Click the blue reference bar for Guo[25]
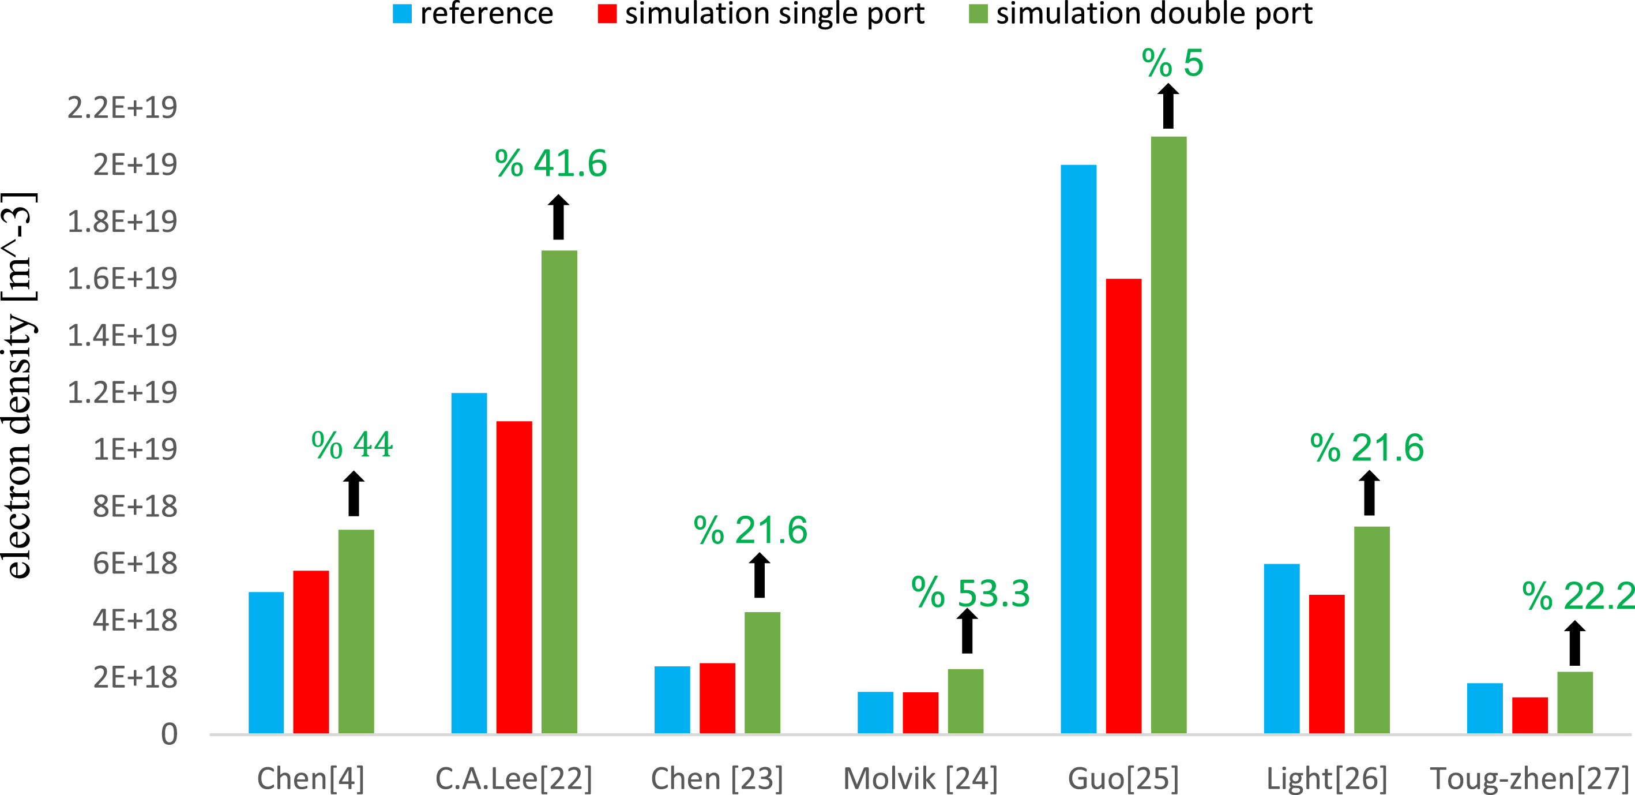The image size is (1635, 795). click(1078, 449)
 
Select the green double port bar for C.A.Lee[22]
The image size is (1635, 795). click(559, 492)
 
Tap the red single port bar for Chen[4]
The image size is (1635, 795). click(311, 652)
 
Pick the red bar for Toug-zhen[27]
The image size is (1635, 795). click(1529, 715)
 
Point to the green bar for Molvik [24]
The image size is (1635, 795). click(965, 701)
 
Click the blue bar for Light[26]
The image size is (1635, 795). click(1281, 648)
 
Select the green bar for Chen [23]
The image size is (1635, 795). click(762, 673)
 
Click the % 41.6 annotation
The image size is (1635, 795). click(550, 163)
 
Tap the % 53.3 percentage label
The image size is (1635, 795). click(970, 593)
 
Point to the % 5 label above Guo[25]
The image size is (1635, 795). click(1172, 63)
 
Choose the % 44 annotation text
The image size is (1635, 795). click(352, 444)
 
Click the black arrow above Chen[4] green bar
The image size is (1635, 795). click(354, 493)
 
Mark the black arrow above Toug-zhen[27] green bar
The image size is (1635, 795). click(1574, 643)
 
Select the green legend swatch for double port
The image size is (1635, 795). click(978, 14)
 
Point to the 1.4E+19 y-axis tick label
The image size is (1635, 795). click(122, 335)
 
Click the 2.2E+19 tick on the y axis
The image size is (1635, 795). click(122, 107)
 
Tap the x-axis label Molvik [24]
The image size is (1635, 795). click(920, 778)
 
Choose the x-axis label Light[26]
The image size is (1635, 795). click(1326, 778)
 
